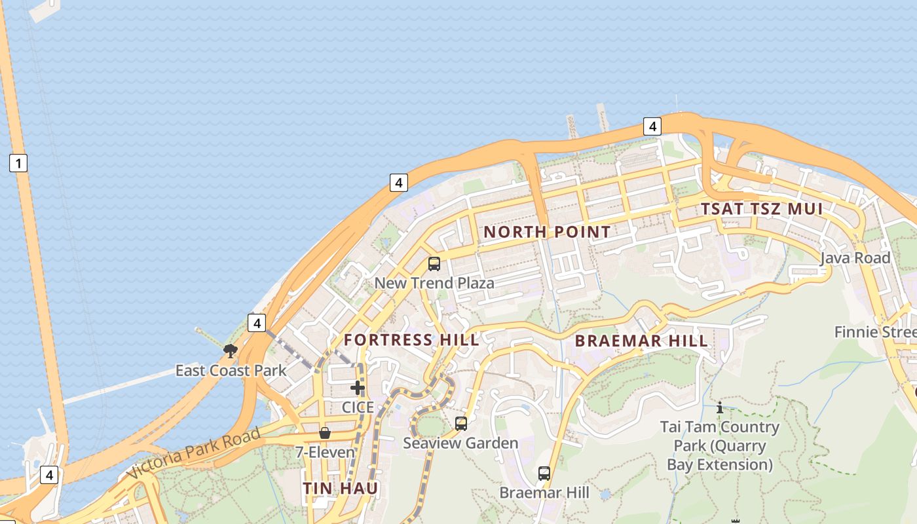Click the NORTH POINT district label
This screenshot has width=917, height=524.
[547, 232]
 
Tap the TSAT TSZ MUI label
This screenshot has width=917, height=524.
[762, 210]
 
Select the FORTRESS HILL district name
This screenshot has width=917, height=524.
[411, 340]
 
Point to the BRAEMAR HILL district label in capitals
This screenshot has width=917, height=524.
[641, 341]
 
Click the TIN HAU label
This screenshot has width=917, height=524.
[340, 489]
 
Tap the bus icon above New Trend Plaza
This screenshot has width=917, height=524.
[434, 264]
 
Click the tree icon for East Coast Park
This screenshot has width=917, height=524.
[230, 351]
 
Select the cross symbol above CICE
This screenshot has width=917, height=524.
[357, 388]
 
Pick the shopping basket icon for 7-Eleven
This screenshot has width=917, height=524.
[325, 433]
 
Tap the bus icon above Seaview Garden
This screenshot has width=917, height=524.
[461, 424]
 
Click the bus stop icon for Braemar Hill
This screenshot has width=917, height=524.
[544, 473]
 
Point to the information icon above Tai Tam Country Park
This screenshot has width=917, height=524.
[720, 407]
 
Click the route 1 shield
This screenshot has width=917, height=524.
[18, 163]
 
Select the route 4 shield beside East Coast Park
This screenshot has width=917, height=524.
[257, 323]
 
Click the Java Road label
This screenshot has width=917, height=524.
[855, 258]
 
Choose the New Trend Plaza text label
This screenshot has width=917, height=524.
[434, 283]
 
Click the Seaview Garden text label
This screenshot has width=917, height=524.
[460, 443]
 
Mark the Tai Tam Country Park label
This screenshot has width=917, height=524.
[720, 446]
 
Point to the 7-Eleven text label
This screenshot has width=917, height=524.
[325, 452]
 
